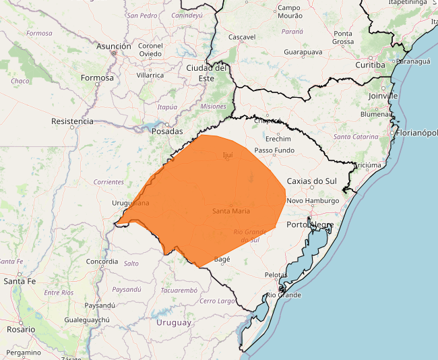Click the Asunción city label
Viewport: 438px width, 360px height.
(113, 47)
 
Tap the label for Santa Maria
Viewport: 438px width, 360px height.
(231, 211)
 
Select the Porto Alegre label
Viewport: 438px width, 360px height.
(310, 224)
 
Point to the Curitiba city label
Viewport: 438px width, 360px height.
(371, 65)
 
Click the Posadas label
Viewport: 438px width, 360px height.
(167, 131)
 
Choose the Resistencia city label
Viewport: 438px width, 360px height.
(72, 121)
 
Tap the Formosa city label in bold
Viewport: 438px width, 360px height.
(97, 78)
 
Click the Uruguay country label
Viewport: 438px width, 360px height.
(174, 322)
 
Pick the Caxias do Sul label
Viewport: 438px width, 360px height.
(311, 181)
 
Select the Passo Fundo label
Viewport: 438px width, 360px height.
(274, 150)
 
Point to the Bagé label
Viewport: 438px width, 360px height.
(222, 259)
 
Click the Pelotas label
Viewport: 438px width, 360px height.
(276, 275)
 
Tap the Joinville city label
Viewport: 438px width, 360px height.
(383, 96)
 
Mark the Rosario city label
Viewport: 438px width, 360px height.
(20, 330)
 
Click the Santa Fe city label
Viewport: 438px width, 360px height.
(20, 280)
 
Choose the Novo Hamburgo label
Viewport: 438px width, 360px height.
(313, 201)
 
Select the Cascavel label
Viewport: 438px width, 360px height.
(242, 37)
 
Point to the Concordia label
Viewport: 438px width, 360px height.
(102, 262)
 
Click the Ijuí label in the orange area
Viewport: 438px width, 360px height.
(227, 155)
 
